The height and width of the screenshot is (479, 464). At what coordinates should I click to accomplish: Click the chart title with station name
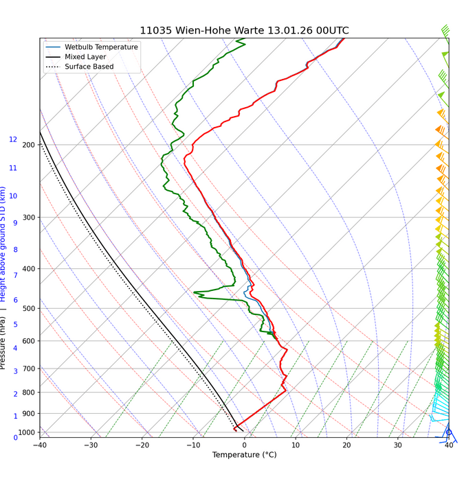pyautogui.click(x=244, y=31)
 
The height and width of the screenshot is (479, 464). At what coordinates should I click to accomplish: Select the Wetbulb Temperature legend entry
pyautogui.click(x=102, y=47)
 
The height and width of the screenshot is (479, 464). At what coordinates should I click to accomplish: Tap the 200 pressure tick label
pyautogui.click(x=29, y=145)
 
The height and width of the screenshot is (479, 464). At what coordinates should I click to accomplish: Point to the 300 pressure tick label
pyautogui.click(x=29, y=218)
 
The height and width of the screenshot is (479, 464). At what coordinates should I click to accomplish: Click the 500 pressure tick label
pyautogui.click(x=29, y=309)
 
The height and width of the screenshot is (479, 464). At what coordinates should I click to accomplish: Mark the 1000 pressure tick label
pyautogui.click(x=27, y=432)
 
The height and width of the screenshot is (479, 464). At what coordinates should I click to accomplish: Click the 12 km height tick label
pyautogui.click(x=13, y=139)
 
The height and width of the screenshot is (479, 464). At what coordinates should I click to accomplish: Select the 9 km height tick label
pyautogui.click(x=14, y=223)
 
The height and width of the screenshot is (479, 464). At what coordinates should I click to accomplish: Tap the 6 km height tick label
pyautogui.click(x=14, y=300)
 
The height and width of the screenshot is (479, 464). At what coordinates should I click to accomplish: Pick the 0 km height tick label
pyautogui.click(x=14, y=437)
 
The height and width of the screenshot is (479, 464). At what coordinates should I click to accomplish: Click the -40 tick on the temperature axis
pyautogui.click(x=39, y=445)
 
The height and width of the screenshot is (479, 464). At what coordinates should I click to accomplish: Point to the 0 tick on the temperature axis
pyautogui.click(x=244, y=445)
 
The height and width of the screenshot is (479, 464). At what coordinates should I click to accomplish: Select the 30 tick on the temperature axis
pyautogui.click(x=397, y=445)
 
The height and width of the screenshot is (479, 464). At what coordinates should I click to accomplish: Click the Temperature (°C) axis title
pyautogui.click(x=244, y=455)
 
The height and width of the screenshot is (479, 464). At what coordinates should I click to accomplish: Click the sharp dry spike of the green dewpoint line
pyautogui.click(x=195, y=293)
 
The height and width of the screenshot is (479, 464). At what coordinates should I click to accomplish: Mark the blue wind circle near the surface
pyautogui.click(x=448, y=432)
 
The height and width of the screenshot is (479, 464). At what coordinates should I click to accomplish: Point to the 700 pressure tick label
pyautogui.click(x=29, y=369)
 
